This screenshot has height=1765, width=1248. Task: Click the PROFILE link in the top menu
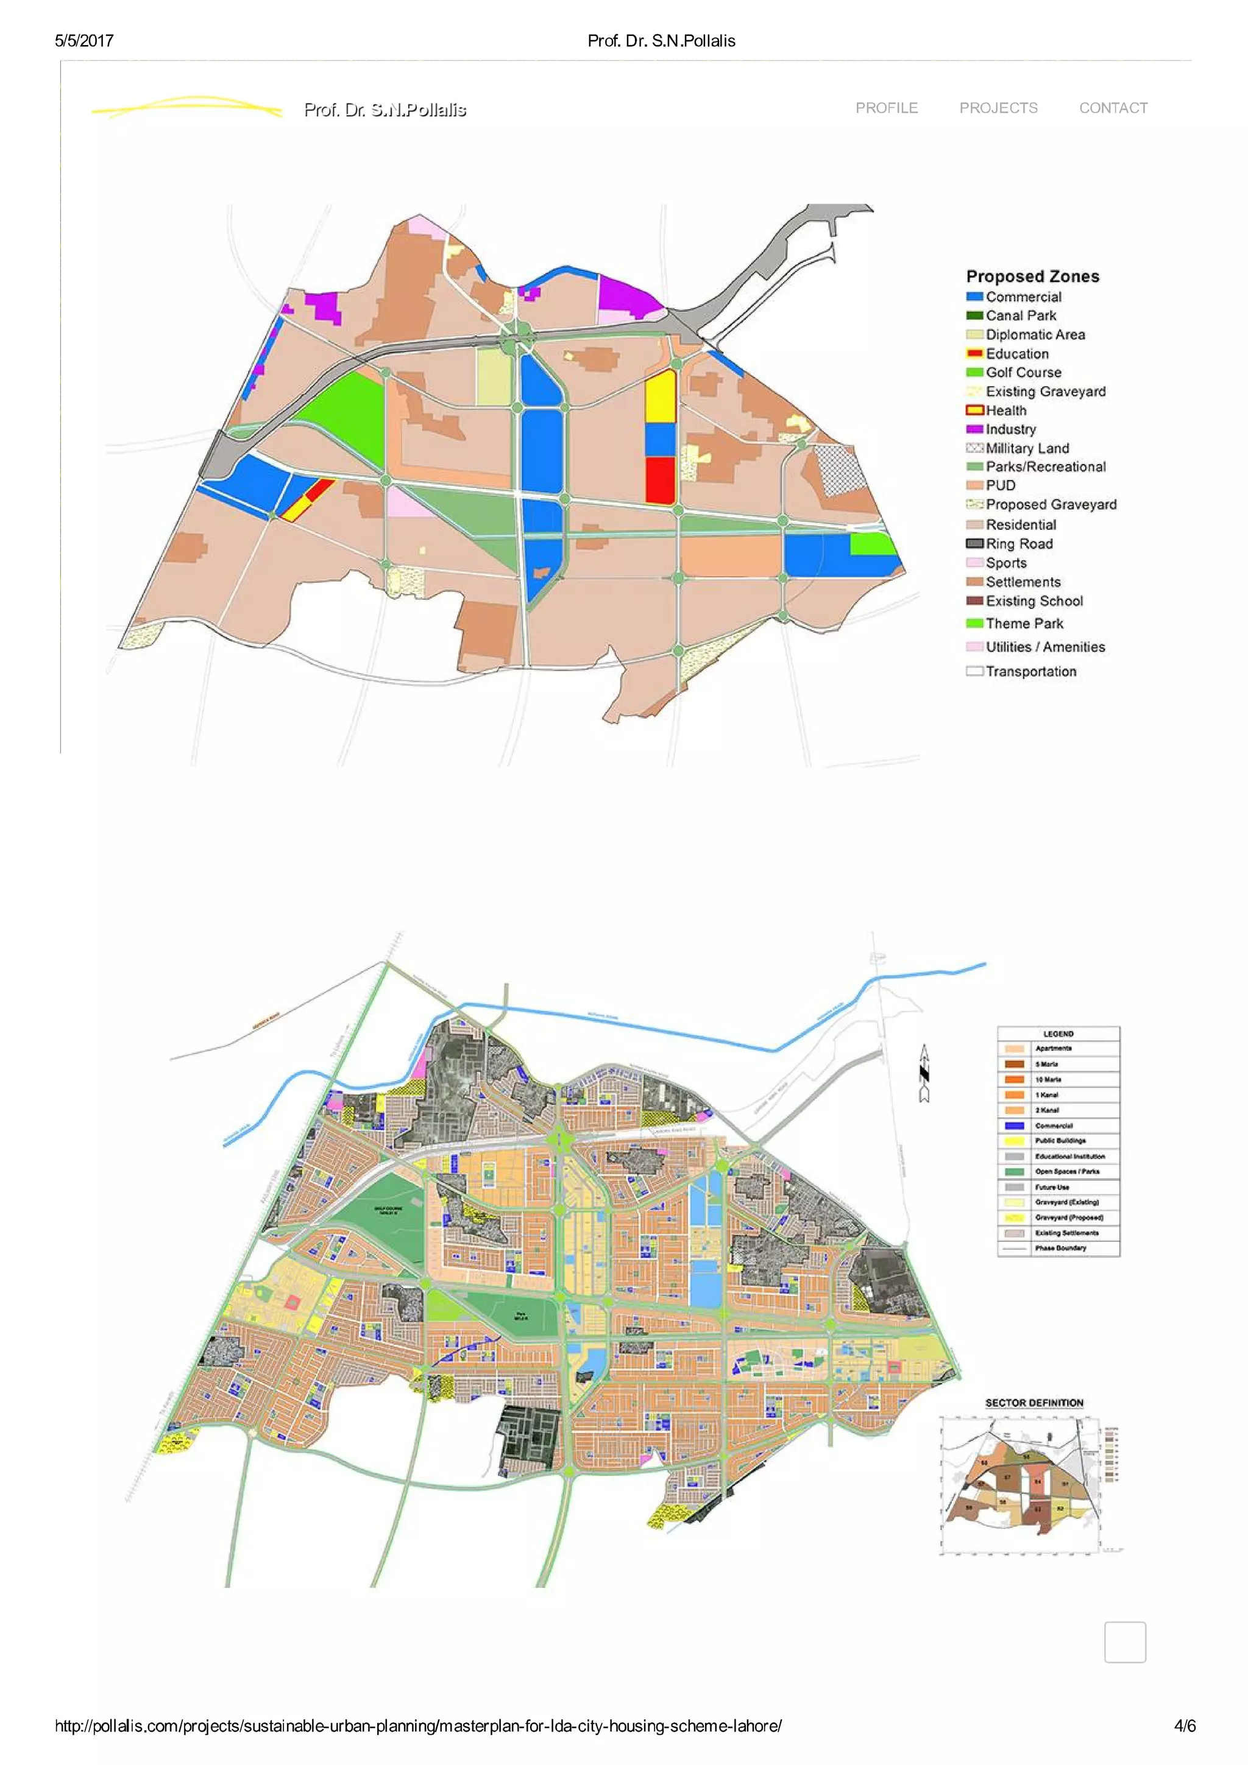pyautogui.click(x=886, y=108)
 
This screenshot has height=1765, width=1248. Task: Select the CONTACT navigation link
pyautogui.click(x=1113, y=108)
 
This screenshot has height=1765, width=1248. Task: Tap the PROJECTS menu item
pyautogui.click(x=998, y=108)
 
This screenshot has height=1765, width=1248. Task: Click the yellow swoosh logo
pyautogui.click(x=187, y=108)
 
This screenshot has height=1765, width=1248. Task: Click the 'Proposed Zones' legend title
pyautogui.click(x=1032, y=277)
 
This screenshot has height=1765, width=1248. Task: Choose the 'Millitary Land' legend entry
pyautogui.click(x=1027, y=448)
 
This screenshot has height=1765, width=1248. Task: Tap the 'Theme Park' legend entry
pyautogui.click(x=1024, y=624)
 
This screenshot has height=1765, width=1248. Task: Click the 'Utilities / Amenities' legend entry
pyautogui.click(x=1044, y=647)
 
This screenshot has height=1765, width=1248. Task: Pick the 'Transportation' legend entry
pyautogui.click(x=1030, y=671)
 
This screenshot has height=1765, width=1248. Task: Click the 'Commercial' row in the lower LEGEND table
pyautogui.click(x=1054, y=1126)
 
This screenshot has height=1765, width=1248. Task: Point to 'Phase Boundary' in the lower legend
pyautogui.click(x=1060, y=1249)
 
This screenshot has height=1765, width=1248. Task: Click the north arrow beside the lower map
pyautogui.click(x=924, y=1073)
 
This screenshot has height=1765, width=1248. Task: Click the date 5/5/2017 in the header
pyautogui.click(x=84, y=41)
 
